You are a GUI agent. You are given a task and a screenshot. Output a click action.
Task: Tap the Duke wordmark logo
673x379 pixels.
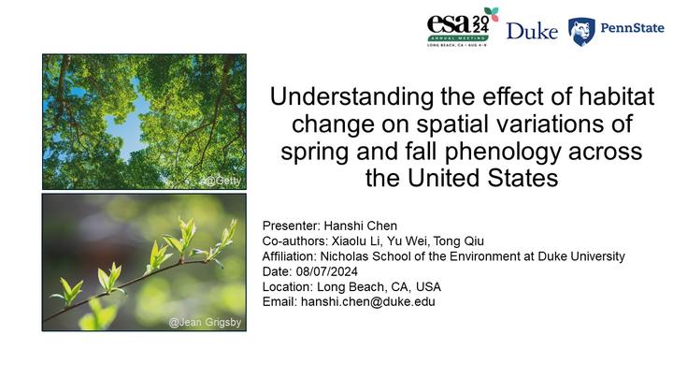pos(532,31)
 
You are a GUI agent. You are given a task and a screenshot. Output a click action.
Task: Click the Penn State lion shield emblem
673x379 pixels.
pos(581,32)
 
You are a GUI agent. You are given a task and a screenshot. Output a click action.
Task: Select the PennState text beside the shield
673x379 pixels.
pos(632,28)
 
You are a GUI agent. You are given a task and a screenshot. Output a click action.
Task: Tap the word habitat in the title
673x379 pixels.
pos(617,96)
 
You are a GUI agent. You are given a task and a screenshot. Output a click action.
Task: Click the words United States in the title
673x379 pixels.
pos(483,178)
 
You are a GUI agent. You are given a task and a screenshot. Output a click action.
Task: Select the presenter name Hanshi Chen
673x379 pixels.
pos(360,226)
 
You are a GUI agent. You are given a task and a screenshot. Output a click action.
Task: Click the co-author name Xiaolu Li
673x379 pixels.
pos(356,241)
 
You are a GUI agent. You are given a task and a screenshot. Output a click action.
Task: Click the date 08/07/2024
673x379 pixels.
pos(326,271)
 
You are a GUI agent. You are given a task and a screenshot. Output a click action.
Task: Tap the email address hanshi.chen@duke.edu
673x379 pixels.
pos(368,301)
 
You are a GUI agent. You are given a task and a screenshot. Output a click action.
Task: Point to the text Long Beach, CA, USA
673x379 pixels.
pos(379,286)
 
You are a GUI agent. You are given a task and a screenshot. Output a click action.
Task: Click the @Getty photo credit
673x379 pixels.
pos(222,181)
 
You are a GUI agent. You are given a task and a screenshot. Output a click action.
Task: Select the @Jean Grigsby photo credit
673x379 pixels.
pos(205,322)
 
